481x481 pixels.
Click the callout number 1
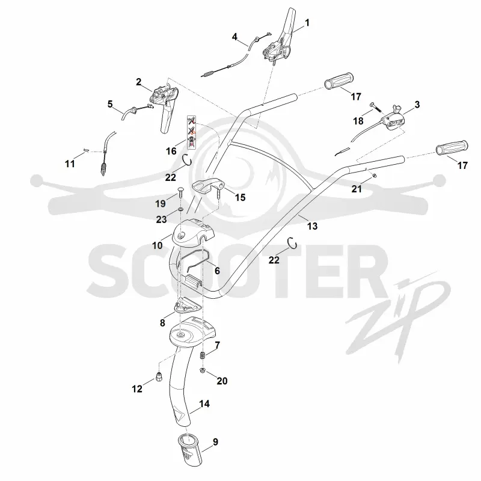pos(307,23)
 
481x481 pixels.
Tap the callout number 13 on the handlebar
pos(312,227)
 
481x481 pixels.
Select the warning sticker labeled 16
pos(191,132)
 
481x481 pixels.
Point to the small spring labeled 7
pos(202,356)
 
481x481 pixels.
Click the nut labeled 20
pos(203,370)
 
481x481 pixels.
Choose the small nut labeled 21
pos(374,175)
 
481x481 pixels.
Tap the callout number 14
pos(204,403)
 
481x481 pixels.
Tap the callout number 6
pos(217,271)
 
